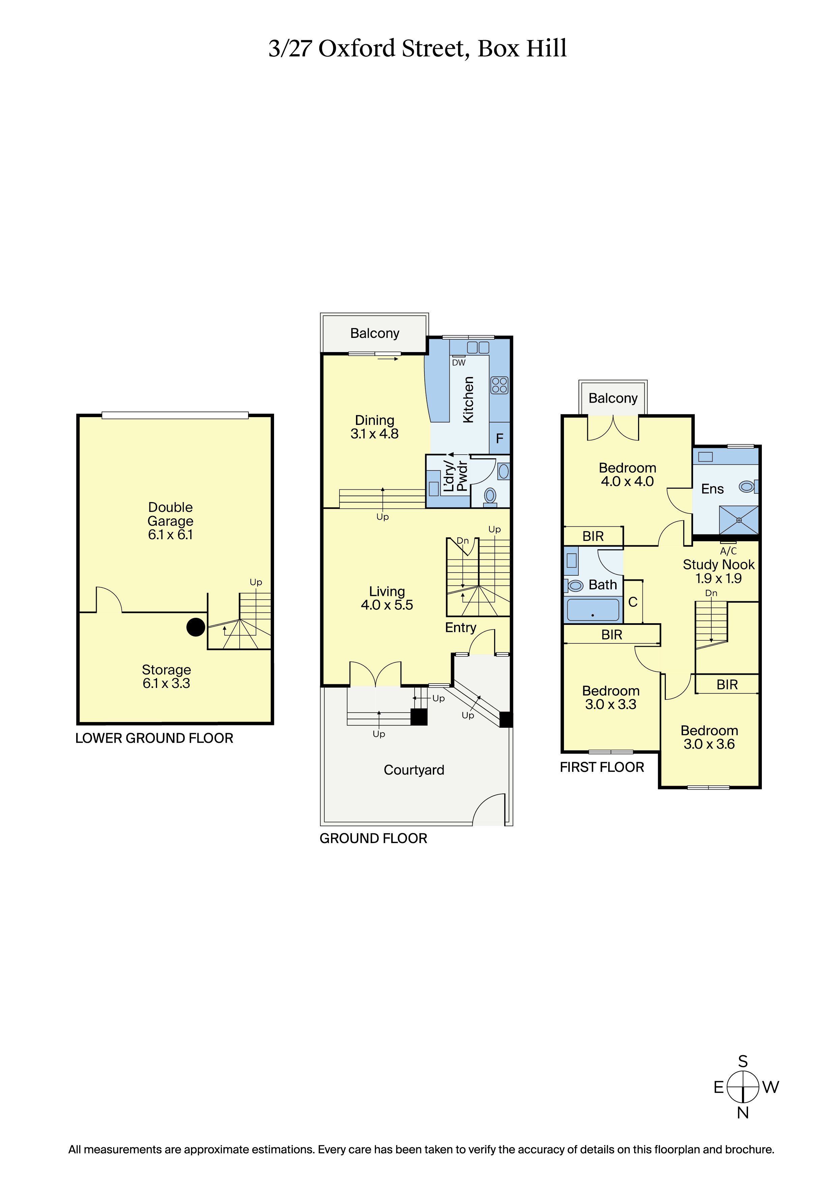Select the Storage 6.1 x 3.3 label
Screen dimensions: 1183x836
tap(167, 676)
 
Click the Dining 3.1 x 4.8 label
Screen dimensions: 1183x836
tap(375, 427)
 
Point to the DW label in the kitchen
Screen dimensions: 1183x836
tap(458, 363)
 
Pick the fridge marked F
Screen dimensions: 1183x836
tap(499, 438)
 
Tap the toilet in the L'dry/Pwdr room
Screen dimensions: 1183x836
tap(490, 496)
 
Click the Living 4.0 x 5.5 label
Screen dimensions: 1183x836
tap(387, 598)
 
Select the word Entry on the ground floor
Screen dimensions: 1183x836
tap(460, 628)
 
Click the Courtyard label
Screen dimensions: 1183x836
tap(414, 770)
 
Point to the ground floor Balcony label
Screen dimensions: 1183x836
tap(375, 334)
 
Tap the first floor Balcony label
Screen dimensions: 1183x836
tap(613, 398)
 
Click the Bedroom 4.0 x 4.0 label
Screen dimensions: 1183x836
tap(627, 474)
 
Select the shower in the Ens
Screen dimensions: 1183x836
tap(739, 520)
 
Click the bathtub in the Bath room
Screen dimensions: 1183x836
tap(593, 610)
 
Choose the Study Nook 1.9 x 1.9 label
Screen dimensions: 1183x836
tap(719, 571)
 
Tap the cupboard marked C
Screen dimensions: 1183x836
tap(633, 602)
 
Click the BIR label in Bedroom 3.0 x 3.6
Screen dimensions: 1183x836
tap(727, 685)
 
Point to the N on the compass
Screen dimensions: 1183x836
tap(743, 1113)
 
